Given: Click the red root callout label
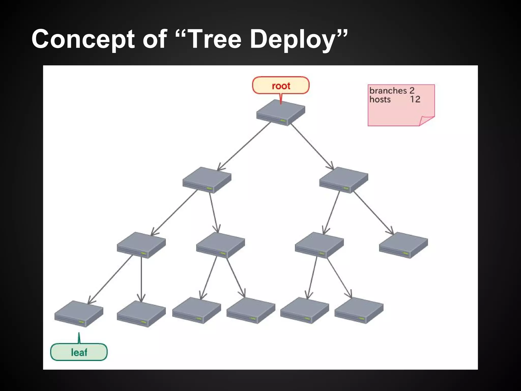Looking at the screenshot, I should (x=281, y=86).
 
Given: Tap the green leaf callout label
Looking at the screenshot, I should (x=79, y=352).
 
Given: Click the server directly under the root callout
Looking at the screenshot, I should (x=281, y=112).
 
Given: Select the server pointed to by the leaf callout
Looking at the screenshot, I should (x=79, y=313).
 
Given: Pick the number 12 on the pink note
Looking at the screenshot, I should (x=415, y=99).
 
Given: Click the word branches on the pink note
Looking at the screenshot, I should (x=388, y=91).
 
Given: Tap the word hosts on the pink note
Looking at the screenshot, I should (x=380, y=99).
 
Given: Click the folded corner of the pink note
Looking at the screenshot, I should (x=426, y=120).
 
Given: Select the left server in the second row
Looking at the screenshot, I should (x=207, y=180).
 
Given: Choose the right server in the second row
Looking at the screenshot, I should (x=344, y=180).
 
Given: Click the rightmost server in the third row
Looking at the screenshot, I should (x=403, y=245).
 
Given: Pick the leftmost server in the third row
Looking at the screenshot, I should (x=141, y=245).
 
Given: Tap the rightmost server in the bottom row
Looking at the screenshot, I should (x=359, y=310).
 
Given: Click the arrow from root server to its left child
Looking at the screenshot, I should (x=244, y=146).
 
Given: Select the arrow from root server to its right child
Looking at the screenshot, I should (x=312, y=146).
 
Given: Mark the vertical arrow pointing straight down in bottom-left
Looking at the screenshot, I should (x=141, y=279).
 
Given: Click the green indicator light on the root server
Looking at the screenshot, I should (x=283, y=120).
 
